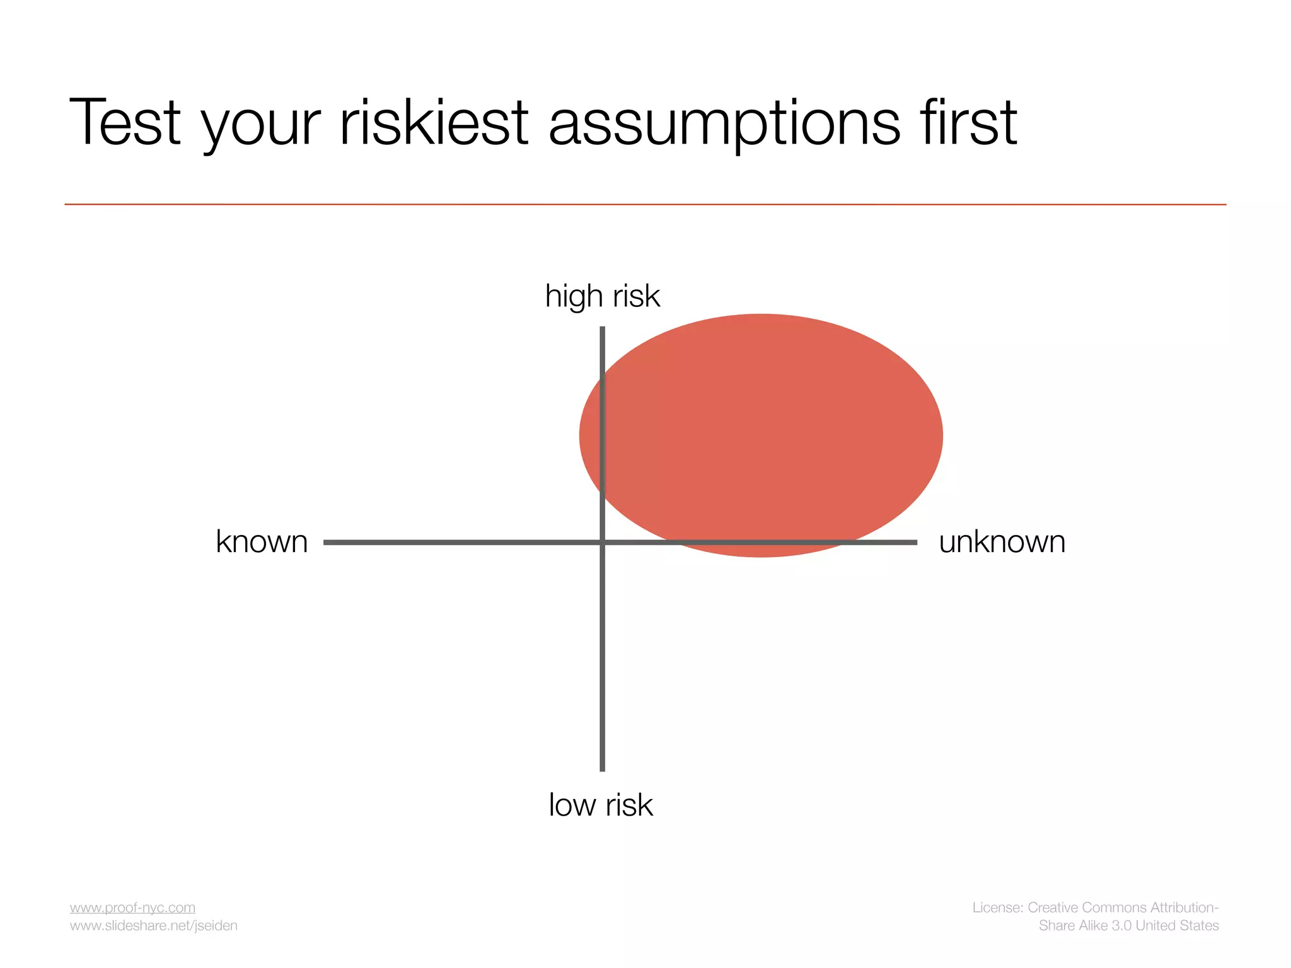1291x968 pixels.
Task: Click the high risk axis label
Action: [x=602, y=296]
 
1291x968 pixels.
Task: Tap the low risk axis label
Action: [x=601, y=805]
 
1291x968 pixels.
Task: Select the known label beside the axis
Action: [x=262, y=542]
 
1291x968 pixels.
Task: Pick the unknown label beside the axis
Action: [x=1002, y=542]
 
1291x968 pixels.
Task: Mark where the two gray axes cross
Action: [x=603, y=542]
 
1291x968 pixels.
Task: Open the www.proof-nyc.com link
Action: [x=132, y=907]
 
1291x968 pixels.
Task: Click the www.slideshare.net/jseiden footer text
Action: [x=153, y=926]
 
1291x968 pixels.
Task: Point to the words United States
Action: [x=1177, y=926]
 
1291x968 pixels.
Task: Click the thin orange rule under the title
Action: [x=645, y=204]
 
